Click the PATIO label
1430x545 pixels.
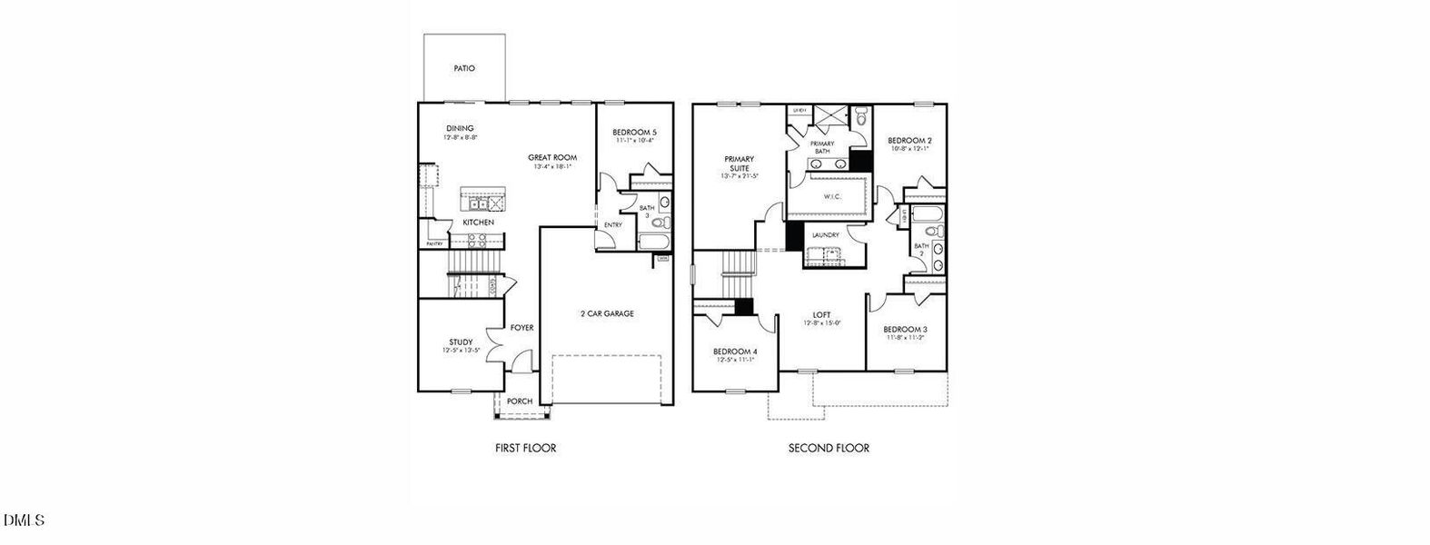tap(464, 69)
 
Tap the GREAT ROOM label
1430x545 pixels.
tap(552, 158)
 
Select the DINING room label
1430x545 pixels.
tap(460, 128)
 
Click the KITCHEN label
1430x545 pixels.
tap(478, 223)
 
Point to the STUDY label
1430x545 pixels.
tap(461, 342)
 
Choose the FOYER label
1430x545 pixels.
tap(521, 328)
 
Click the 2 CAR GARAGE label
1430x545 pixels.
tap(607, 313)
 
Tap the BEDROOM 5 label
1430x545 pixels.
tap(634, 133)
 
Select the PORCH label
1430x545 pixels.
tap(520, 401)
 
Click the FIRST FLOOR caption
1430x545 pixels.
tap(525, 448)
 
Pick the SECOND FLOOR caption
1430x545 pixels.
tap(829, 448)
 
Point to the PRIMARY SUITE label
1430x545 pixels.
tap(739, 163)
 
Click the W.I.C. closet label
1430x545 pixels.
tap(832, 196)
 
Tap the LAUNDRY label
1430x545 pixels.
tap(825, 235)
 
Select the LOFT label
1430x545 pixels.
tap(821, 315)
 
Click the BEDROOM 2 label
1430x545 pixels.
tap(909, 141)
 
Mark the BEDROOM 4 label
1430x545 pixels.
tap(734, 352)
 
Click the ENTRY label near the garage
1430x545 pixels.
tap(613, 225)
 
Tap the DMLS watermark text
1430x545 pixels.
tap(24, 520)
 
